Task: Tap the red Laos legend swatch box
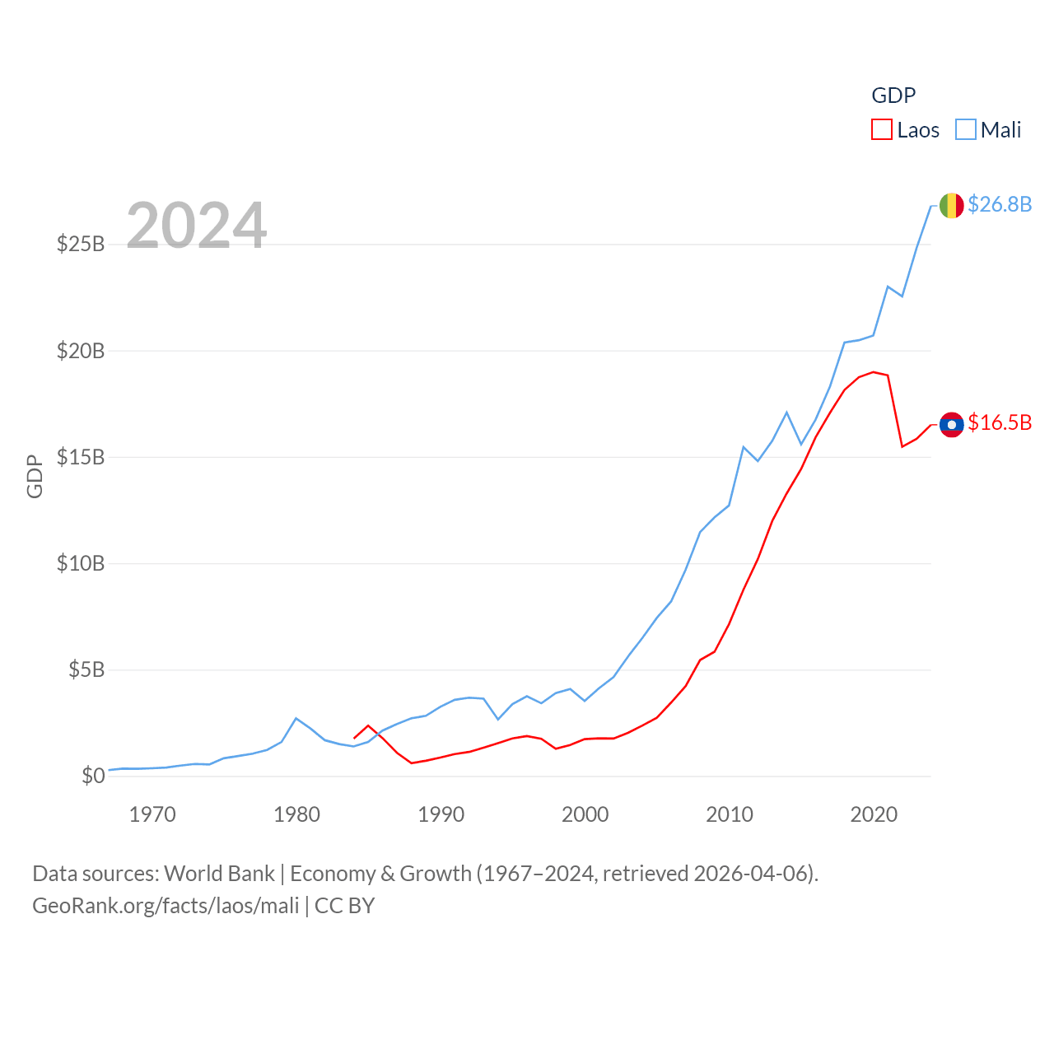pos(882,130)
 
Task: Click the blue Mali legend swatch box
pos(966,130)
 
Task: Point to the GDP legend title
pos(893,96)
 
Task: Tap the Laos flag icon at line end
pos(952,425)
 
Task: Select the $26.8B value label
pos(1000,204)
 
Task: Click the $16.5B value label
pos(1000,422)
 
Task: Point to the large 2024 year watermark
pos(197,226)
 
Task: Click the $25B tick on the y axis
pos(81,245)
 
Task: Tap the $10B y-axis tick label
pos(81,564)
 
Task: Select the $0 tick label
pos(93,777)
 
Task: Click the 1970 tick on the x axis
pos(152,815)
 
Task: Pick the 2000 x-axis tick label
pos(585,815)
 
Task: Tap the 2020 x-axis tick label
pos(874,815)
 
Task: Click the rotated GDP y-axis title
pos(35,476)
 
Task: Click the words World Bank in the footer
pos(219,874)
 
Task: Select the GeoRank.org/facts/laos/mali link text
pos(166,906)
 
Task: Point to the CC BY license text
pos(345,906)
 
